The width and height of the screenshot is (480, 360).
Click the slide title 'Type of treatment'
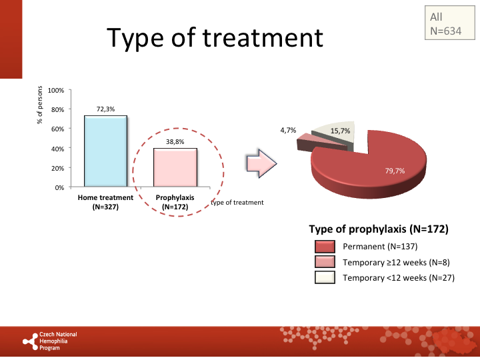point(215,37)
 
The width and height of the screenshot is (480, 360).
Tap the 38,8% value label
point(175,141)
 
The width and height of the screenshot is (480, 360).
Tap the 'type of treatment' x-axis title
point(237,202)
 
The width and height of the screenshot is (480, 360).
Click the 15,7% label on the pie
point(341,131)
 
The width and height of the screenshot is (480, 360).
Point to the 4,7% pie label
point(288,130)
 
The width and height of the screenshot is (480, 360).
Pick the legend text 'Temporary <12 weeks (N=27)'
point(398,277)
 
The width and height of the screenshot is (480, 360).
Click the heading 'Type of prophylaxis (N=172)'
point(378,229)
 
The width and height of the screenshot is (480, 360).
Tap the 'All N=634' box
point(443,24)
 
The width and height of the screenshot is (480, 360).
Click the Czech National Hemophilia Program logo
point(50,341)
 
